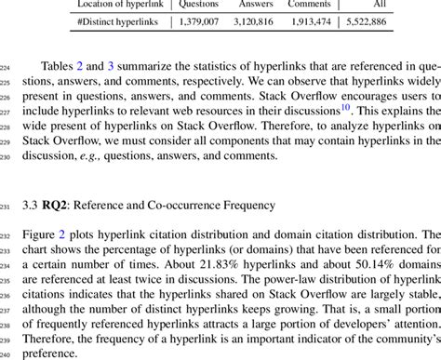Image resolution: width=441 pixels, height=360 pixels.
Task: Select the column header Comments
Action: pos(310,4)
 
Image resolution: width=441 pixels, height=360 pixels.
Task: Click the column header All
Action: pos(380,4)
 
